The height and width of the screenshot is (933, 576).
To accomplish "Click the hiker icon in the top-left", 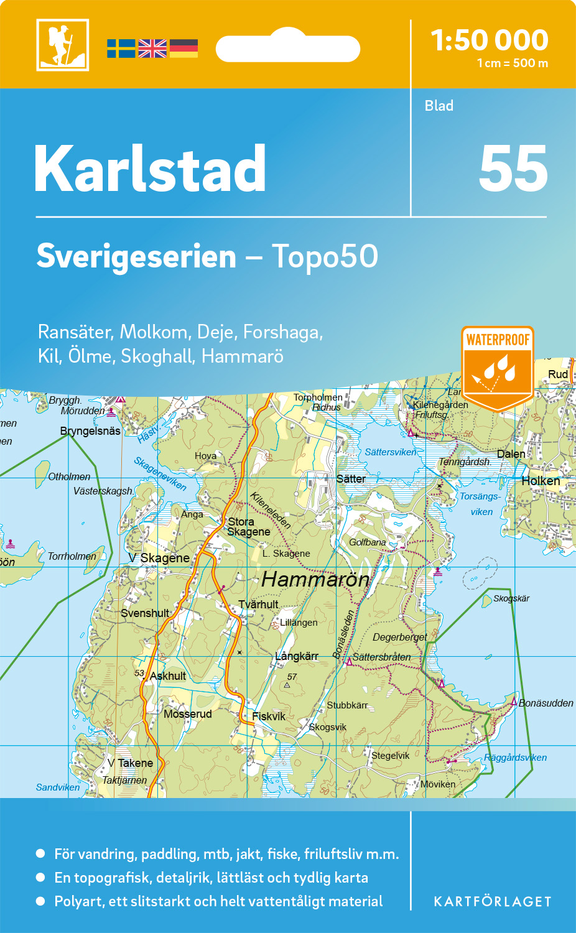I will tap(62, 45).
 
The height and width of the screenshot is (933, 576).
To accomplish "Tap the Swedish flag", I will tap(121, 49).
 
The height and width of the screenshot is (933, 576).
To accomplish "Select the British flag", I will tap(152, 49).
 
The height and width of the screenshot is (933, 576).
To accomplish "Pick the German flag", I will tap(183, 49).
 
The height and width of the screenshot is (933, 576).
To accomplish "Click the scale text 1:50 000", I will tap(490, 40).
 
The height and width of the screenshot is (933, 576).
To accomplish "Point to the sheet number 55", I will tap(513, 169).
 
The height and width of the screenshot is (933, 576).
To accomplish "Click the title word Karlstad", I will tap(150, 169).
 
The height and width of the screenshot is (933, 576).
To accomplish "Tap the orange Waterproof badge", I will tap(498, 367).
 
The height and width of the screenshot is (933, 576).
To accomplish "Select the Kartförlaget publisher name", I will tap(492, 901).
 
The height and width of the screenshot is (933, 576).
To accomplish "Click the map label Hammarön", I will tap(315, 580).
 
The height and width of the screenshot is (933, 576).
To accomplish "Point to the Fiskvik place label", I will tap(269, 717).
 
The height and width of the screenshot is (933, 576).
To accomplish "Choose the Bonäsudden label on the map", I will tap(546, 703).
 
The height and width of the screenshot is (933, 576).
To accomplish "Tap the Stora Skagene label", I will tap(248, 527).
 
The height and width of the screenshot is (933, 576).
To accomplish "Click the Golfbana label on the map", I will tap(367, 542).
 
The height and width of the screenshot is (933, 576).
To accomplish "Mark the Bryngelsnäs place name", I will tap(90, 431).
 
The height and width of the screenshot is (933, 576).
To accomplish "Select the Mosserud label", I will tap(187, 714).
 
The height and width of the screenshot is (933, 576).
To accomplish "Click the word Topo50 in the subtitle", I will tap(325, 256).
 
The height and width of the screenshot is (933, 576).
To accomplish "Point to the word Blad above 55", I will tap(439, 106).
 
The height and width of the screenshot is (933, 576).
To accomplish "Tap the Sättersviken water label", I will tap(390, 452).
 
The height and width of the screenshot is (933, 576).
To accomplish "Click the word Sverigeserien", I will tap(136, 256).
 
